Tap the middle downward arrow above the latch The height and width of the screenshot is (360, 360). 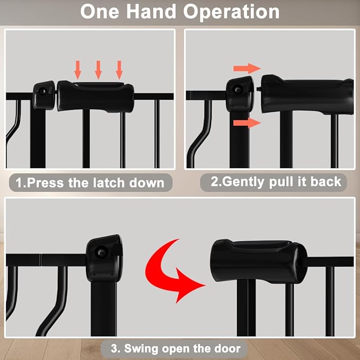99,69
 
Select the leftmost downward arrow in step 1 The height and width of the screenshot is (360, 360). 78,69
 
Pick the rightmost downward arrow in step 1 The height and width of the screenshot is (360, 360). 119,69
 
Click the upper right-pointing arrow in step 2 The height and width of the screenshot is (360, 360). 247,68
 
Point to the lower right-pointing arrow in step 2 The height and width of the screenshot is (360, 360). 247,123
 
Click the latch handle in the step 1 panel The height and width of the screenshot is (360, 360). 95,96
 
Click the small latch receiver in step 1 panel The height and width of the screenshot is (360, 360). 44,94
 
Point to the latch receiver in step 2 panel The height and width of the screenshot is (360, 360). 240,94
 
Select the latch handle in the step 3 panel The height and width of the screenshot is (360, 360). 258,261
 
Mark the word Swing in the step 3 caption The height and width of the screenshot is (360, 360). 143,349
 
